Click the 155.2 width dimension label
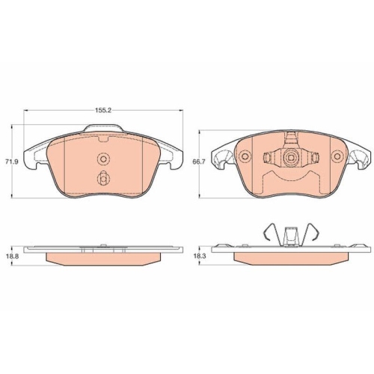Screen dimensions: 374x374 pyautogui.click(x=103, y=111)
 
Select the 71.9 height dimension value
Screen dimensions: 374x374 pyautogui.click(x=12, y=162)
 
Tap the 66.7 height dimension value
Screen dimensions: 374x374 pyautogui.click(x=198, y=162)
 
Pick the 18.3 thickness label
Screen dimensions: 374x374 pyautogui.click(x=200, y=257)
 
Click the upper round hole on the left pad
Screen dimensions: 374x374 pyautogui.click(x=103, y=159)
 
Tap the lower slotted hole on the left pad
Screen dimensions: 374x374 pyautogui.click(x=103, y=178)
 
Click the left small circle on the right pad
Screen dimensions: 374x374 pyautogui.click(x=245, y=156)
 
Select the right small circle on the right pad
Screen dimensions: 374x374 pyautogui.click(x=337, y=156)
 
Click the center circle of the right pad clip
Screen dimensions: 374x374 pyautogui.click(x=290, y=157)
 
